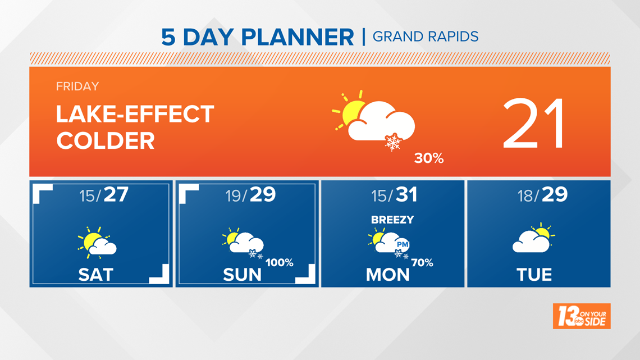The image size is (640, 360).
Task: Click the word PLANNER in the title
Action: click(x=298, y=37)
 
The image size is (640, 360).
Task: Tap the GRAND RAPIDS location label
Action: click(x=426, y=37)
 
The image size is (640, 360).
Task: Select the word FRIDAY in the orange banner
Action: click(x=77, y=86)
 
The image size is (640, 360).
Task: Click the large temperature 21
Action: click(x=534, y=123)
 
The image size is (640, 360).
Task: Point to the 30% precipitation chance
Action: click(x=429, y=158)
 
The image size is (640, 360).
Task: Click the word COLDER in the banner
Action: click(x=106, y=141)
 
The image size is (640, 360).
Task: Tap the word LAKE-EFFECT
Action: click(x=135, y=114)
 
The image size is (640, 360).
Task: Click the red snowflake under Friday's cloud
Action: click(x=393, y=142)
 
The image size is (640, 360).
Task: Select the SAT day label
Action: click(x=95, y=275)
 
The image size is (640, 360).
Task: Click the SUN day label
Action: click(x=242, y=275)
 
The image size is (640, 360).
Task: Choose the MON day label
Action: click(x=388, y=275)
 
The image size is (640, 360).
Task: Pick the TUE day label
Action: click(x=534, y=275)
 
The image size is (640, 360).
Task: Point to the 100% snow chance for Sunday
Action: click(x=280, y=262)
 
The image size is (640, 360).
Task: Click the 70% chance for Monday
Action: click(x=422, y=262)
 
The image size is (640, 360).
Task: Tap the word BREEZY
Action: click(x=392, y=220)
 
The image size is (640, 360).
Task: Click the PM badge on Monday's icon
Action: click(x=403, y=244)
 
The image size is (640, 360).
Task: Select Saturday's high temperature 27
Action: click(x=116, y=194)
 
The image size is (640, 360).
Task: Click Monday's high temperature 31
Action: click(x=406, y=194)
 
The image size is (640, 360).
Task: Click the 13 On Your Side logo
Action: click(x=582, y=316)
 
